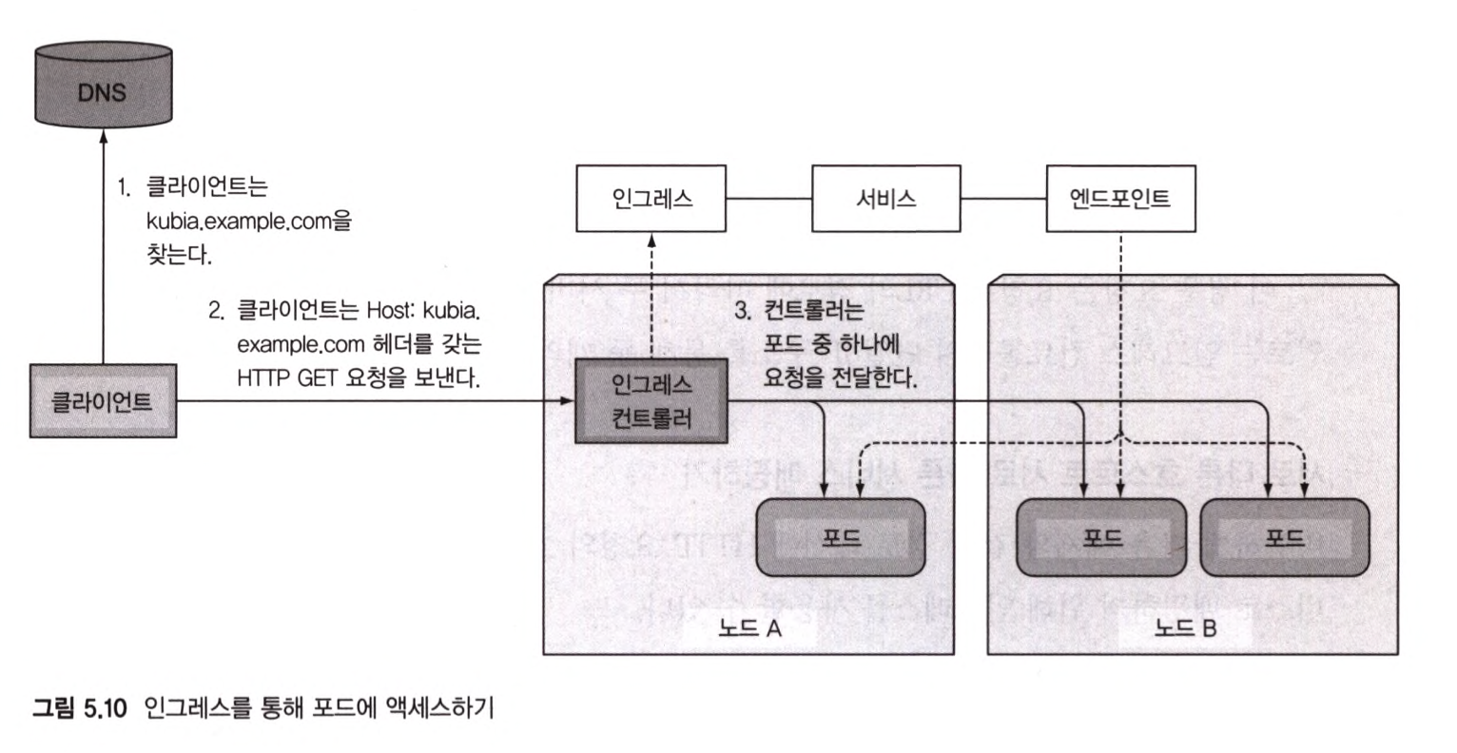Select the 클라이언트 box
point(103,401)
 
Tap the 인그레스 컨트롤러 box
point(651,401)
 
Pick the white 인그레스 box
point(651,199)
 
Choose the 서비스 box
point(885,199)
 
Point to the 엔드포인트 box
point(1119,199)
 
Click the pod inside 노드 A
point(841,537)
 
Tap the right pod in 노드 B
point(1284,537)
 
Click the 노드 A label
point(749,628)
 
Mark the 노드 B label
point(1185,628)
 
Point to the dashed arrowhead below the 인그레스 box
point(651,238)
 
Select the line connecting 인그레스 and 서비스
point(767,199)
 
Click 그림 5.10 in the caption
point(80,710)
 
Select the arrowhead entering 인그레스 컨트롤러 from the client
point(568,401)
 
